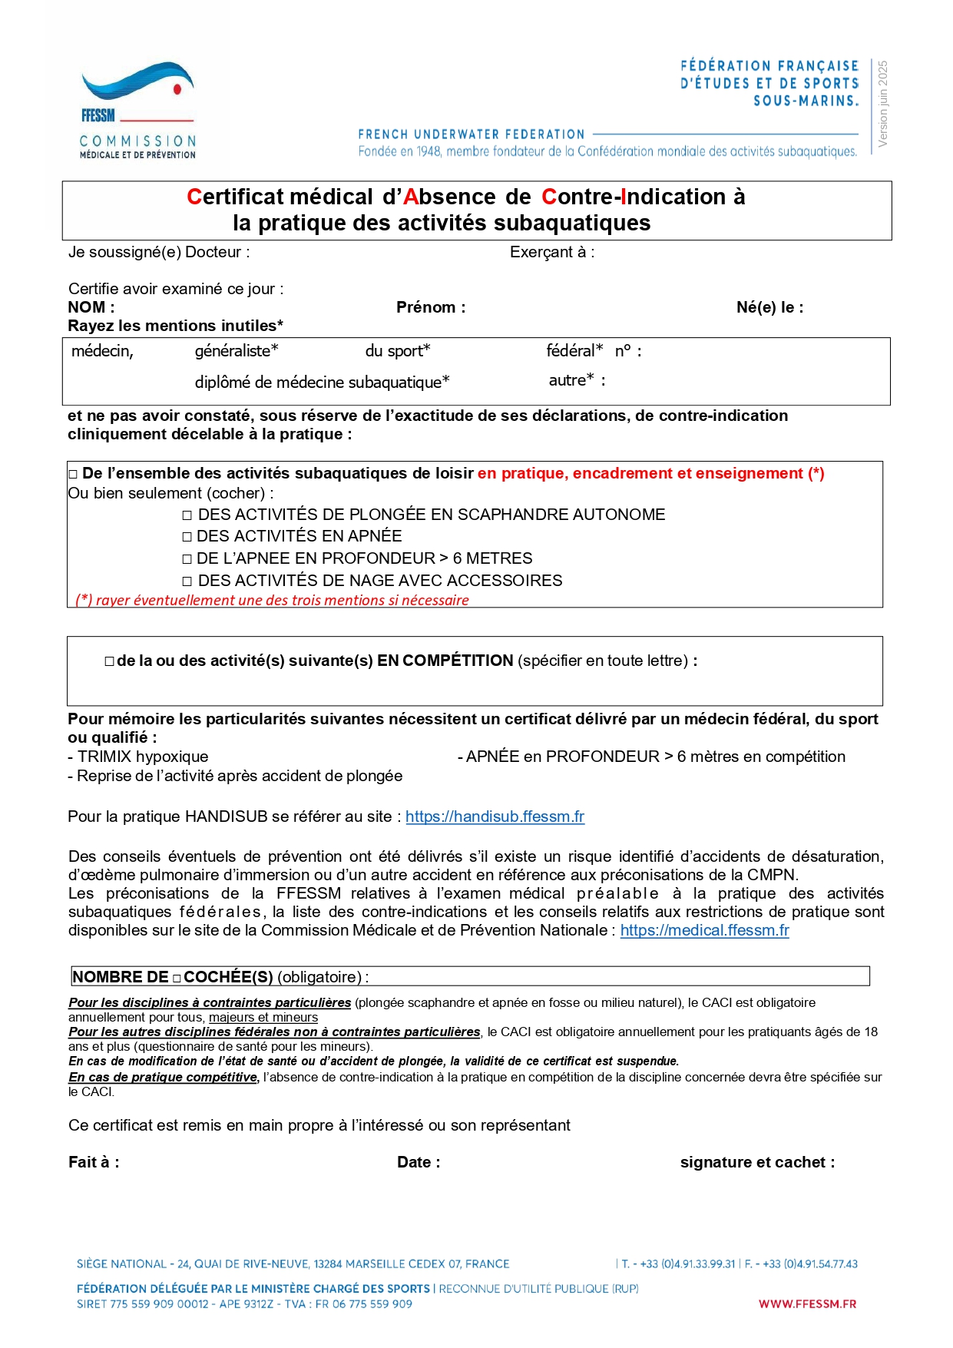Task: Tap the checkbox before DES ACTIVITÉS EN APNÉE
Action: (187, 537)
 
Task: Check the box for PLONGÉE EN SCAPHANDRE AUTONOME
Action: (187, 515)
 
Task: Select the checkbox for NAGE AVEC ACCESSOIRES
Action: (187, 581)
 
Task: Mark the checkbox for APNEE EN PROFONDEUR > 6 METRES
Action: (187, 559)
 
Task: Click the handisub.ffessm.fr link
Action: (495, 816)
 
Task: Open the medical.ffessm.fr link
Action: (704, 930)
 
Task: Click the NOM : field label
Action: (91, 307)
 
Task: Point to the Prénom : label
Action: (431, 307)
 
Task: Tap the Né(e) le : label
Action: (769, 307)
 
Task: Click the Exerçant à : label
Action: (551, 252)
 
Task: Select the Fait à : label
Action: (94, 1162)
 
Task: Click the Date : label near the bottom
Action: (419, 1162)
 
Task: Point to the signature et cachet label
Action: (756, 1162)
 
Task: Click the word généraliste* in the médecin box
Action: (237, 351)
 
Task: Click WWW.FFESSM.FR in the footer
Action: (807, 1303)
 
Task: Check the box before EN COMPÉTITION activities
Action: (109, 661)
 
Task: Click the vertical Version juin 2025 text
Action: (882, 104)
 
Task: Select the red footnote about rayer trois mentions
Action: (272, 600)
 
